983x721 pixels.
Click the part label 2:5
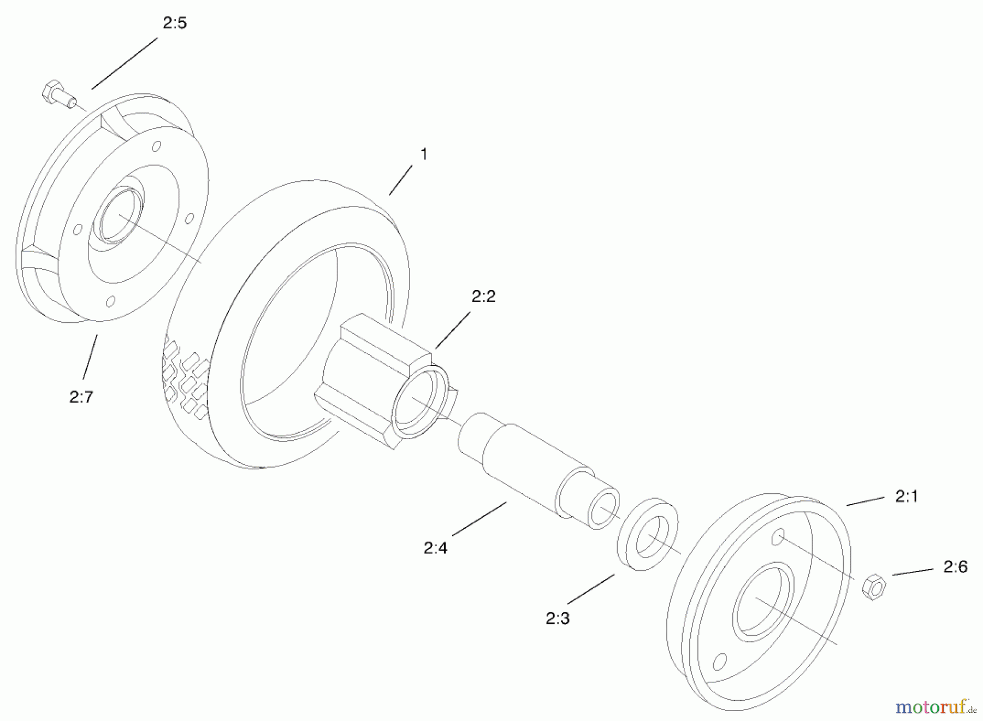tap(175, 23)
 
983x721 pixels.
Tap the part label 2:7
tap(81, 397)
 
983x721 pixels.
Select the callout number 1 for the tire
tap(423, 155)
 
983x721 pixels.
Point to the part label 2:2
tap(483, 297)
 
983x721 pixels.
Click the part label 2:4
tap(435, 548)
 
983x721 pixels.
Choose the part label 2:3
tap(558, 618)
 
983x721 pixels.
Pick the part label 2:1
tap(907, 496)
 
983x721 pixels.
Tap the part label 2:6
tap(955, 567)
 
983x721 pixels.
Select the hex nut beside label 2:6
tap(874, 587)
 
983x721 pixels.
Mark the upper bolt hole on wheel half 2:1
tap(778, 537)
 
